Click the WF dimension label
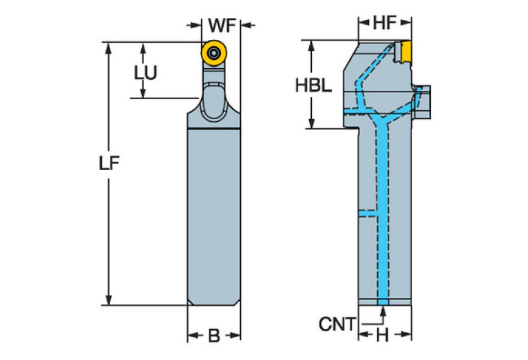click(x=222, y=25)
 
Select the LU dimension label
click(x=145, y=71)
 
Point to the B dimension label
click(x=214, y=336)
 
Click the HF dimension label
click(x=385, y=23)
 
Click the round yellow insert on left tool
click(x=215, y=53)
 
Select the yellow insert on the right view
click(x=404, y=51)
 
